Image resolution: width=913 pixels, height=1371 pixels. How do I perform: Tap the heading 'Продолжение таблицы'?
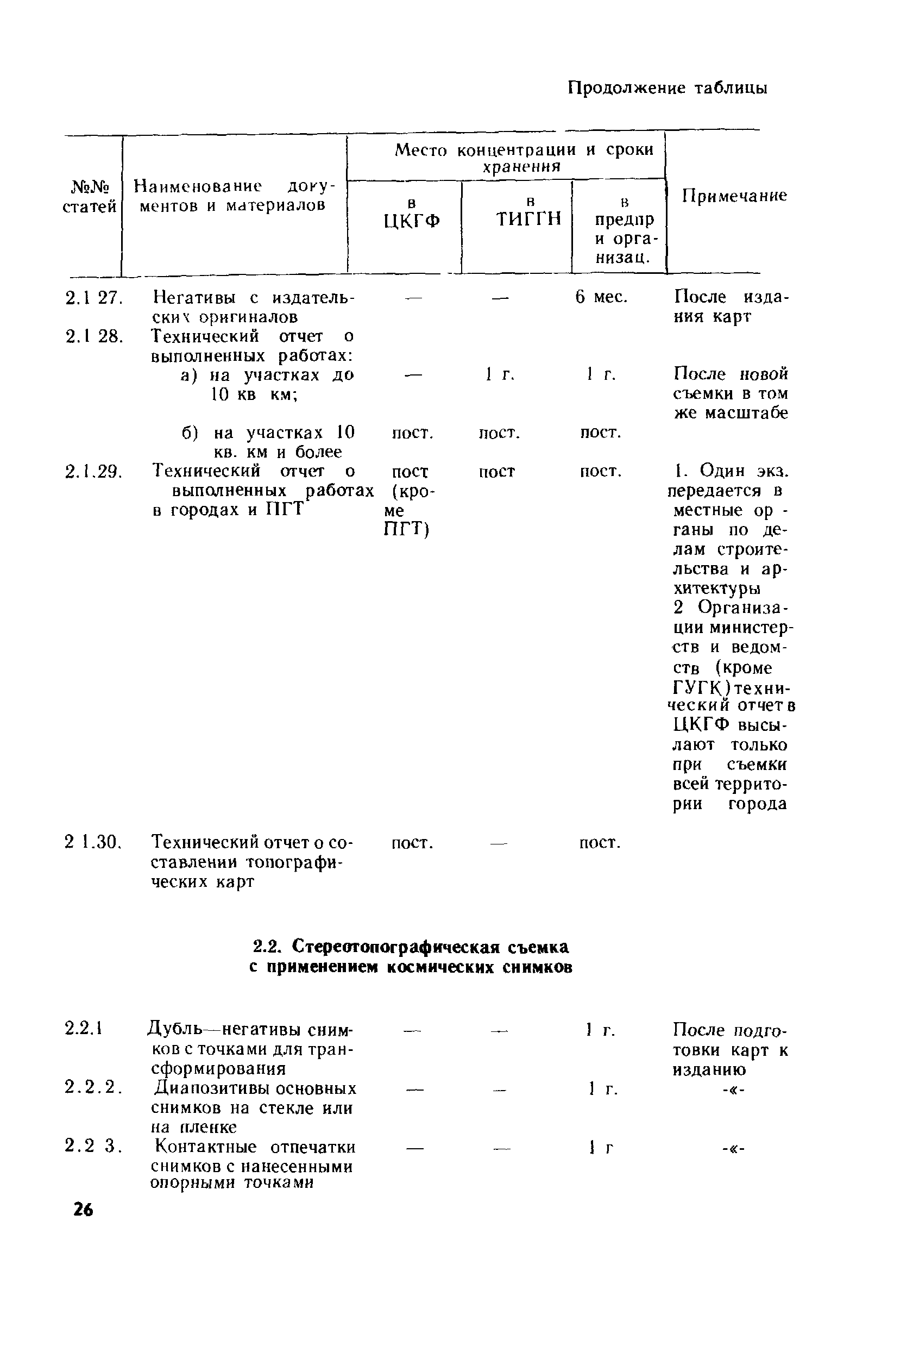[668, 88]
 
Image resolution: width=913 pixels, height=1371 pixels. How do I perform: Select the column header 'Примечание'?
[734, 196]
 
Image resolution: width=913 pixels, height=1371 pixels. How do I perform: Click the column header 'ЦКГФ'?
[412, 221]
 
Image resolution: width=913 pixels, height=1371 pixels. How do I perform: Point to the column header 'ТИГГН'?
[528, 218]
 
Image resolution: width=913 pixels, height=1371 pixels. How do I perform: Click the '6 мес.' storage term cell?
[601, 298]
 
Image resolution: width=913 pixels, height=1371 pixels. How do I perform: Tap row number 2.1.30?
[92, 842]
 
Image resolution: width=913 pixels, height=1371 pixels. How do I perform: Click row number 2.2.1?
[84, 1029]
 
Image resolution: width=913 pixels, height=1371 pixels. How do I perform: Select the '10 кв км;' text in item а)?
[254, 395]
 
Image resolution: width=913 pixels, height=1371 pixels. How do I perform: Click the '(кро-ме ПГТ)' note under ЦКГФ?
[409, 510]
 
